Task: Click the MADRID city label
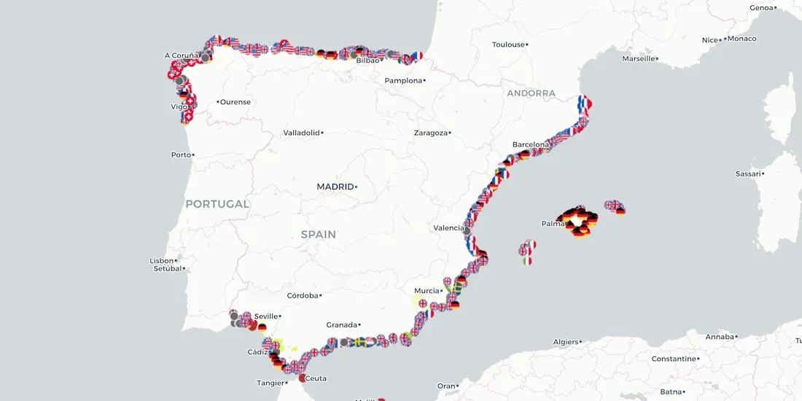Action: pyautogui.click(x=335, y=187)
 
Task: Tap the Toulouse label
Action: pyautogui.click(x=508, y=44)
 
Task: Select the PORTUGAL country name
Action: pyautogui.click(x=217, y=204)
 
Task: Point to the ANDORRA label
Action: pyautogui.click(x=531, y=93)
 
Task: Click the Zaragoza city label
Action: pyautogui.click(x=430, y=133)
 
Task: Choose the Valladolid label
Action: pyautogui.click(x=302, y=133)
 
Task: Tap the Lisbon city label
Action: pyautogui.click(x=162, y=260)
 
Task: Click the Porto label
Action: pyautogui.click(x=181, y=155)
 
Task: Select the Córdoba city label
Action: pyautogui.click(x=303, y=295)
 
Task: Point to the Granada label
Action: pyautogui.click(x=342, y=324)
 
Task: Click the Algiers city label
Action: pyautogui.click(x=565, y=341)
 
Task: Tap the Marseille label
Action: pyautogui.click(x=638, y=58)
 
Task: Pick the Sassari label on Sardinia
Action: pyautogui.click(x=748, y=174)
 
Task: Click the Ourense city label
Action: pyautogui.click(x=235, y=101)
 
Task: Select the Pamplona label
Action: pyautogui.click(x=404, y=80)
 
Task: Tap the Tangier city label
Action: pyautogui.click(x=270, y=383)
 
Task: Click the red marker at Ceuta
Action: pyautogui.click(x=302, y=378)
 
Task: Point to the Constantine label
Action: pyautogui.click(x=673, y=359)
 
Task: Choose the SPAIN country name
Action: pyautogui.click(x=319, y=235)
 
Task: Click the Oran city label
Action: pyautogui.click(x=445, y=386)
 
